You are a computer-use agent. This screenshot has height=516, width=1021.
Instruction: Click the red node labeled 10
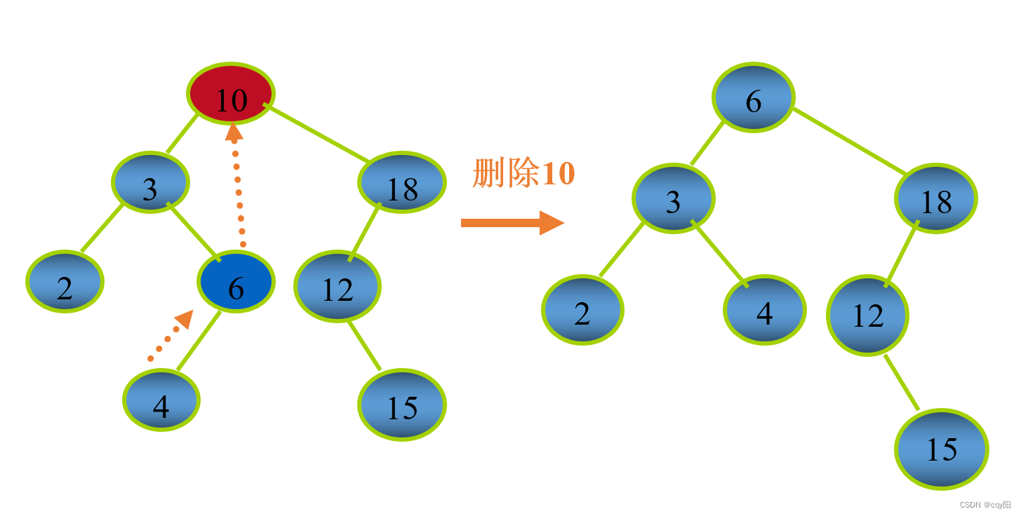pyautogui.click(x=231, y=94)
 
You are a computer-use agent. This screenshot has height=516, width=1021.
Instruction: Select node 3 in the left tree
pyautogui.click(x=150, y=182)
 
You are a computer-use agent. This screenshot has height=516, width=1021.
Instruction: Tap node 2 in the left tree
pyautogui.click(x=65, y=281)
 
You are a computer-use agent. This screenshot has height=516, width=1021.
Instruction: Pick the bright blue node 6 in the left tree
pyautogui.click(x=236, y=282)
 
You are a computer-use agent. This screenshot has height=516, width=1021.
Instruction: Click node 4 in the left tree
pyautogui.click(x=161, y=400)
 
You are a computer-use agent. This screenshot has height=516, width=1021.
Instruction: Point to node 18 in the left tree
pyautogui.click(x=402, y=182)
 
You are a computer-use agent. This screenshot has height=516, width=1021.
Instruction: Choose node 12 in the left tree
pyautogui.click(x=338, y=286)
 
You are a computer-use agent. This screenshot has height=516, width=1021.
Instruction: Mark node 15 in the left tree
pyautogui.click(x=402, y=405)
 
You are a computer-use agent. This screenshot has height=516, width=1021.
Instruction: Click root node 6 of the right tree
pyautogui.click(x=754, y=97)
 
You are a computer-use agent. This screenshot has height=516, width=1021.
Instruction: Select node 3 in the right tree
pyautogui.click(x=673, y=198)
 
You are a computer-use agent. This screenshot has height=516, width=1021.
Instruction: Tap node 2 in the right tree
pyautogui.click(x=582, y=310)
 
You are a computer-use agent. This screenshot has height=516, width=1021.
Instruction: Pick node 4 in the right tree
pyautogui.click(x=765, y=310)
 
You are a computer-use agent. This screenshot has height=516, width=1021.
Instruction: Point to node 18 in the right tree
pyautogui.click(x=936, y=198)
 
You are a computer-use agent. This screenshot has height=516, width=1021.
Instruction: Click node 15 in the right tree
pyautogui.click(x=942, y=449)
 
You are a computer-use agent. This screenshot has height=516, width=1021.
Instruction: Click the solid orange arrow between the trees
pyautogui.click(x=512, y=223)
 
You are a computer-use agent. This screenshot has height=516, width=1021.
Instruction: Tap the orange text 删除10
pyautogui.click(x=524, y=172)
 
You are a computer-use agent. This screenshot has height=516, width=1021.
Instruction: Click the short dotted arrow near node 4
pyautogui.click(x=171, y=336)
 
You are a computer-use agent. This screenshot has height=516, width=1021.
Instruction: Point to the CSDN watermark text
pyautogui.click(x=985, y=505)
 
